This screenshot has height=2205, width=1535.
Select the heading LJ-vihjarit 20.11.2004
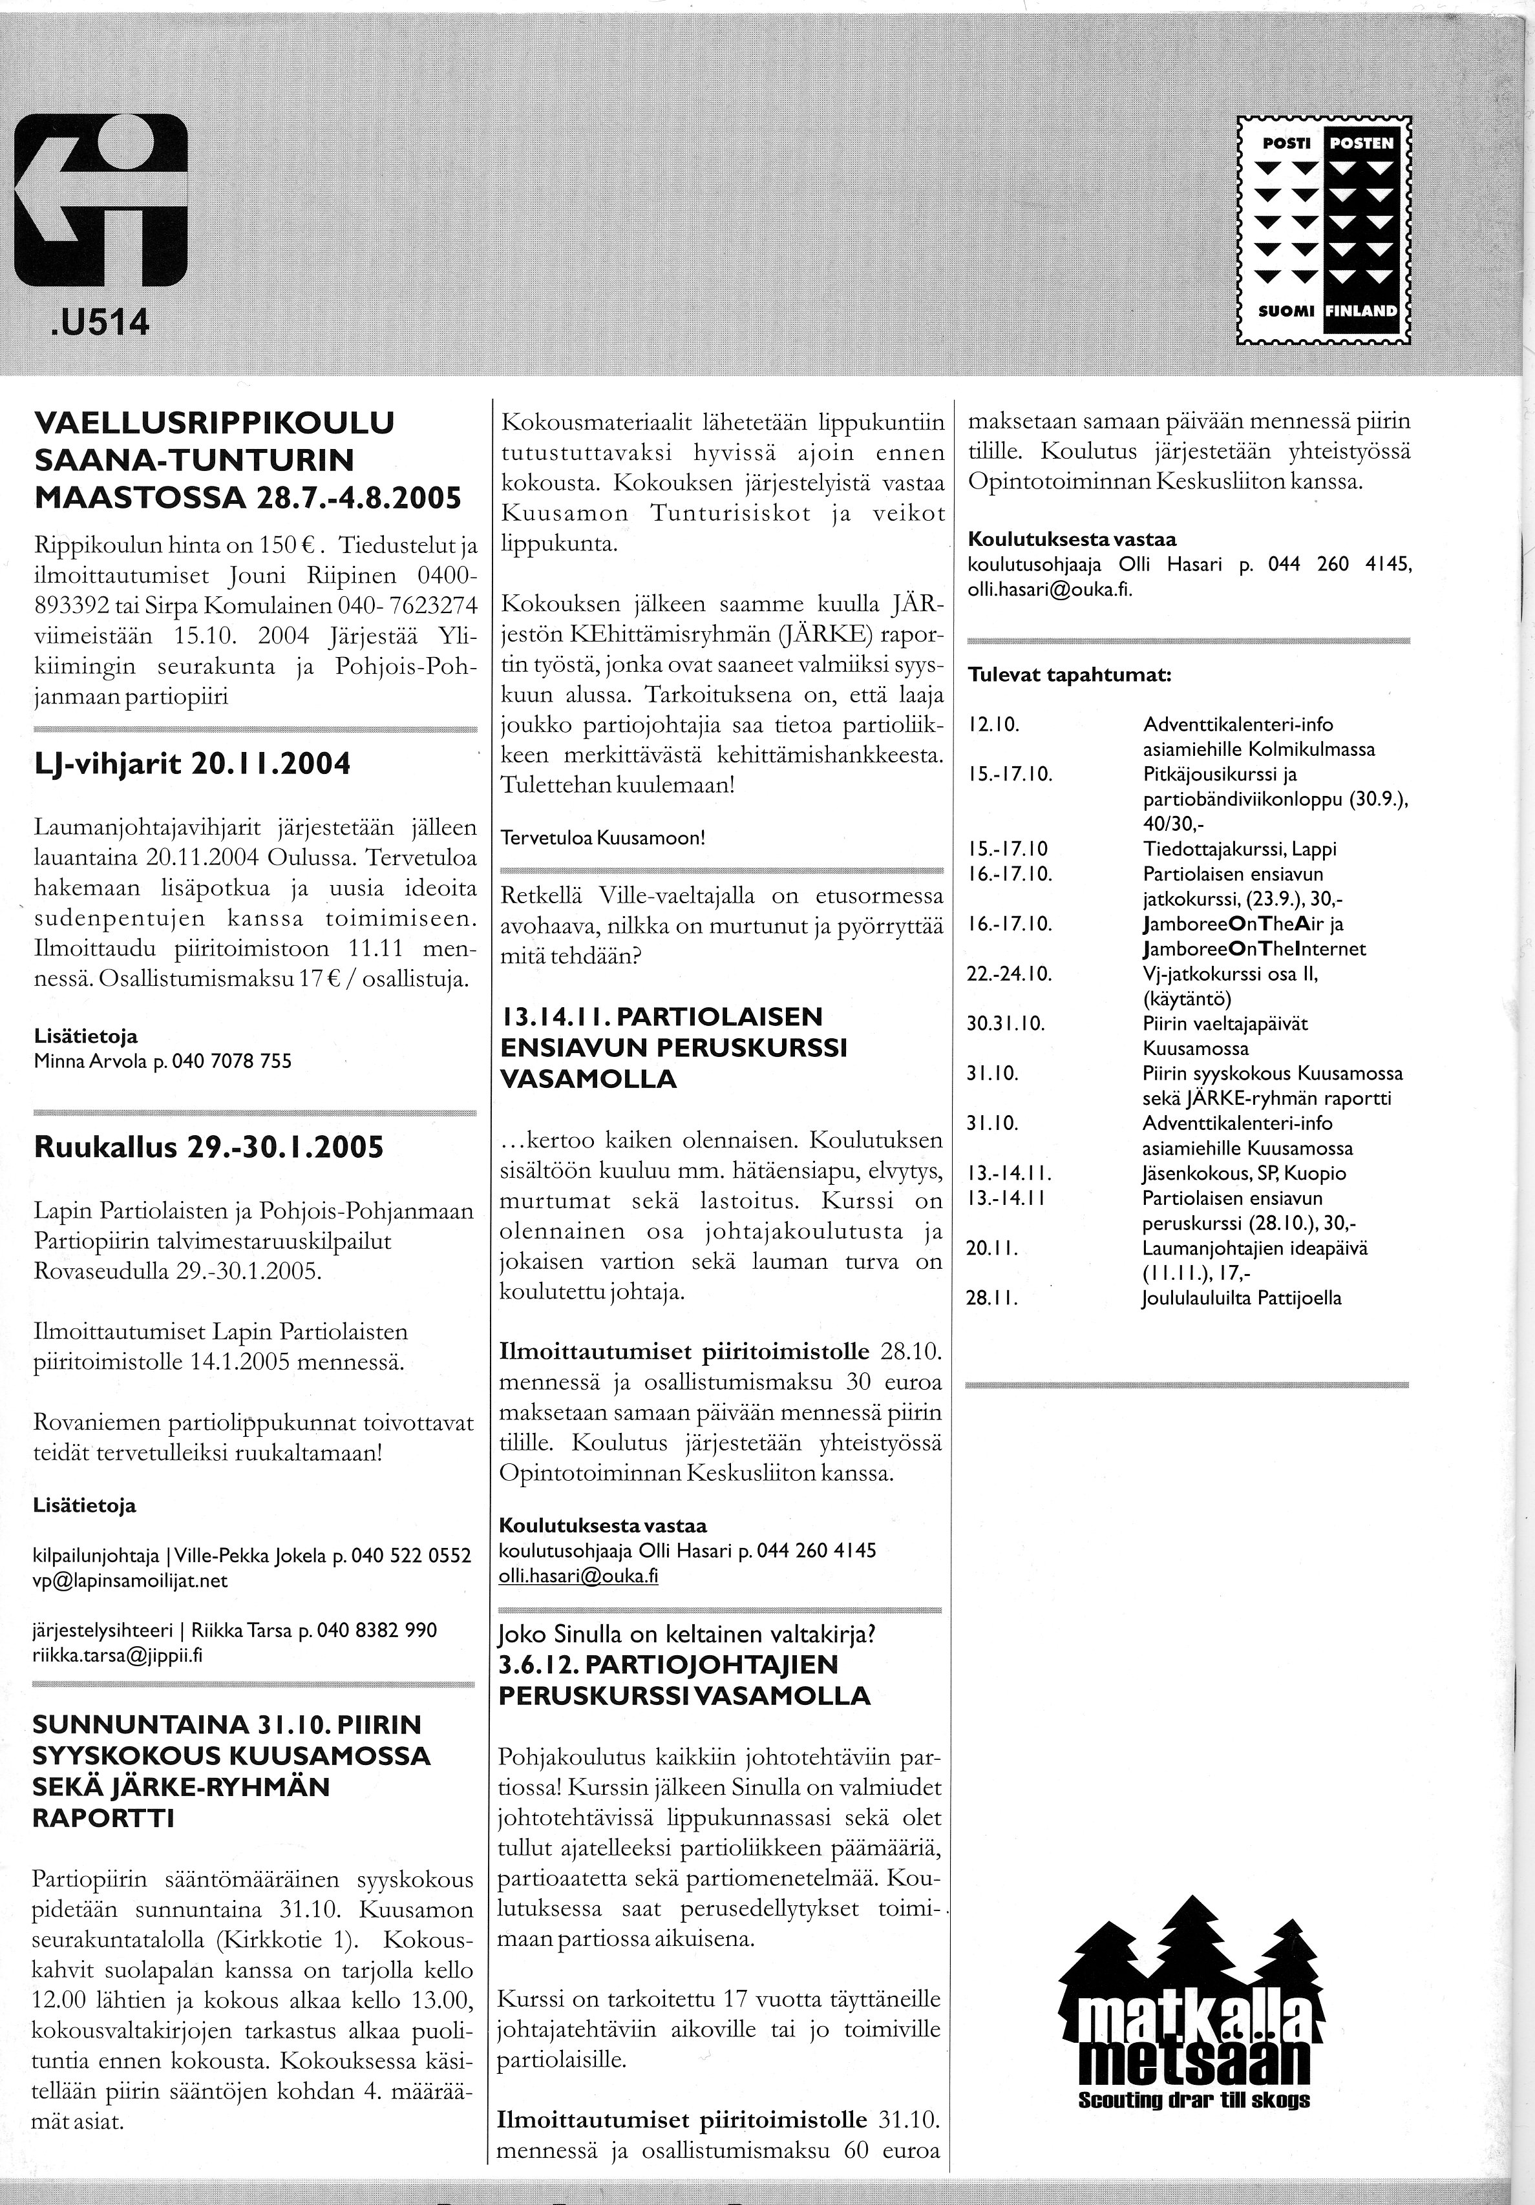[x=192, y=764]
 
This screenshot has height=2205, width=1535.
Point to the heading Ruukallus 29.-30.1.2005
[x=209, y=1147]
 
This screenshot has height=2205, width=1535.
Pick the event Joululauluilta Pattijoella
[x=1241, y=1299]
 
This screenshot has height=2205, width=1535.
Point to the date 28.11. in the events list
[x=992, y=1299]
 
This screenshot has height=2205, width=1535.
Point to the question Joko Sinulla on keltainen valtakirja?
[x=688, y=1634]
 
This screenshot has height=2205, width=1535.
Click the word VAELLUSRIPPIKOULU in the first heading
[x=214, y=423]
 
